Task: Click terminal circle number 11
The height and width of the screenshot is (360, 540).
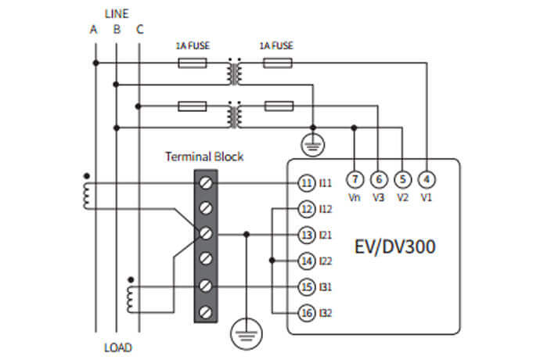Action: pyautogui.click(x=306, y=182)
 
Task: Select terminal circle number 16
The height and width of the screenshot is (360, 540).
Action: pyautogui.click(x=306, y=313)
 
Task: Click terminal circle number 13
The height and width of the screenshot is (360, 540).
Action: pyautogui.click(x=306, y=234)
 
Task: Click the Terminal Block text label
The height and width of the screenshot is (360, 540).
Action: pyautogui.click(x=204, y=157)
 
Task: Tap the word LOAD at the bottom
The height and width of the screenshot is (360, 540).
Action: pyautogui.click(x=117, y=347)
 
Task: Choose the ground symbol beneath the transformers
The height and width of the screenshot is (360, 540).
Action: pyautogui.click(x=313, y=144)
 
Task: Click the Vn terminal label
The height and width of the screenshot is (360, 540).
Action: pyautogui.click(x=354, y=197)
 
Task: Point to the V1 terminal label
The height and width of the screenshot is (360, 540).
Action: pyautogui.click(x=427, y=197)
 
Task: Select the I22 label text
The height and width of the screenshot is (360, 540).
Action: pyautogui.click(x=326, y=261)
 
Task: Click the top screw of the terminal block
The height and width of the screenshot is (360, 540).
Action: pyautogui.click(x=205, y=182)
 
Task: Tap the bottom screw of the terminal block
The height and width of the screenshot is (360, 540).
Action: pyautogui.click(x=205, y=311)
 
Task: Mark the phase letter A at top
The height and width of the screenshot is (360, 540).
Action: pyautogui.click(x=93, y=31)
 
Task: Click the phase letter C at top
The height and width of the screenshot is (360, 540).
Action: pyautogui.click(x=139, y=31)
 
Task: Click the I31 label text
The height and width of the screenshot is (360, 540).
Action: pyautogui.click(x=326, y=286)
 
